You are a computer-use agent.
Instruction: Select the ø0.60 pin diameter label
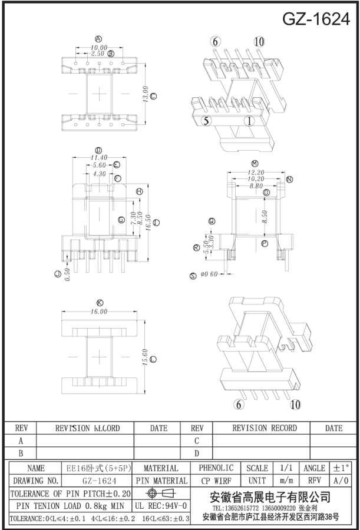point(209,274)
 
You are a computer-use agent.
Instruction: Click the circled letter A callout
point(98,39)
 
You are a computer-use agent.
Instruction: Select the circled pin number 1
point(249,121)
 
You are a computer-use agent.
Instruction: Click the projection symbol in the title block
point(161,493)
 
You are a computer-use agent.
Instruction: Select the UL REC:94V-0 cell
point(161,505)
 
